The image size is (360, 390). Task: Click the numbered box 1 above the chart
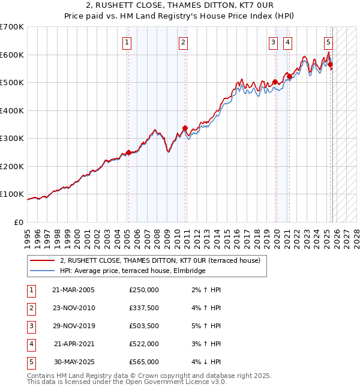coord(128,42)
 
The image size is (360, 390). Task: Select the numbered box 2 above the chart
coord(182,42)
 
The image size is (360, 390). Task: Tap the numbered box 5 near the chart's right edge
coord(329,42)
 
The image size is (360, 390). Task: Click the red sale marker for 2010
coord(185,128)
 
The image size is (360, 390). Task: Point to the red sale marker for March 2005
coord(128,152)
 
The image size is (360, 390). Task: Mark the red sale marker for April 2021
coord(289,76)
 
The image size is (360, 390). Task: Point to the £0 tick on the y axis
coord(19,222)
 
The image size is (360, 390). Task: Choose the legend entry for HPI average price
coord(133,271)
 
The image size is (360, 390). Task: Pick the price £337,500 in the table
coord(144,308)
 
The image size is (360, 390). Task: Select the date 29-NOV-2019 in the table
coord(73,326)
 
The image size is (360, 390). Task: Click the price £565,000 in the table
coord(144,362)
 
